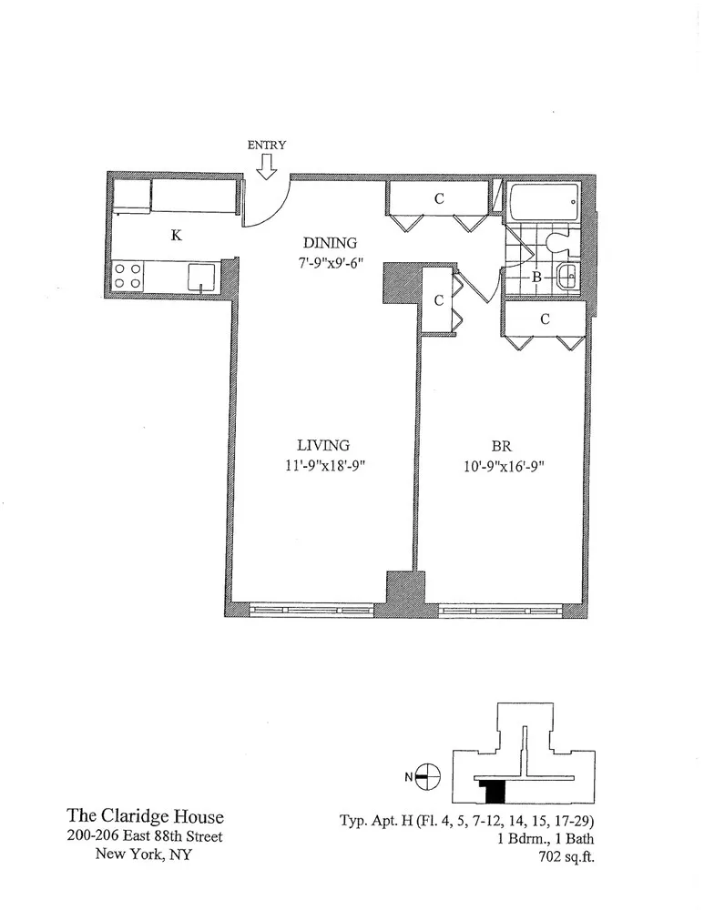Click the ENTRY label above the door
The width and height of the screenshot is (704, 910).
(x=267, y=145)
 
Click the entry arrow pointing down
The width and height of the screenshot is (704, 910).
(x=267, y=166)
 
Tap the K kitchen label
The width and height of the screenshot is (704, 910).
(x=177, y=236)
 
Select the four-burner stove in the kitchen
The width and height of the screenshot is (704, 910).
(x=128, y=276)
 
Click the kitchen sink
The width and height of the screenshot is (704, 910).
(x=201, y=277)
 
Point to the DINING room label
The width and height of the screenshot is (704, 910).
(x=331, y=243)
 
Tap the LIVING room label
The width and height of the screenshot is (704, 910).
(x=322, y=445)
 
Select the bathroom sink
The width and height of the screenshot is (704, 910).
(x=566, y=277)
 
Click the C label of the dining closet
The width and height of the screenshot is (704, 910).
(x=438, y=199)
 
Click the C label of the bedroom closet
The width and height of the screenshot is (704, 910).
(x=545, y=319)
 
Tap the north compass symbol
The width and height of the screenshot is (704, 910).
(x=428, y=776)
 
